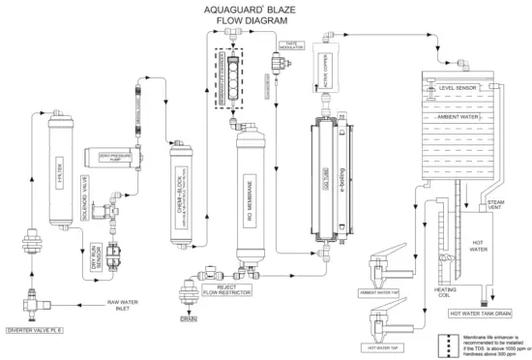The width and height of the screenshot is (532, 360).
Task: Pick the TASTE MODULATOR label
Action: (293, 45)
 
